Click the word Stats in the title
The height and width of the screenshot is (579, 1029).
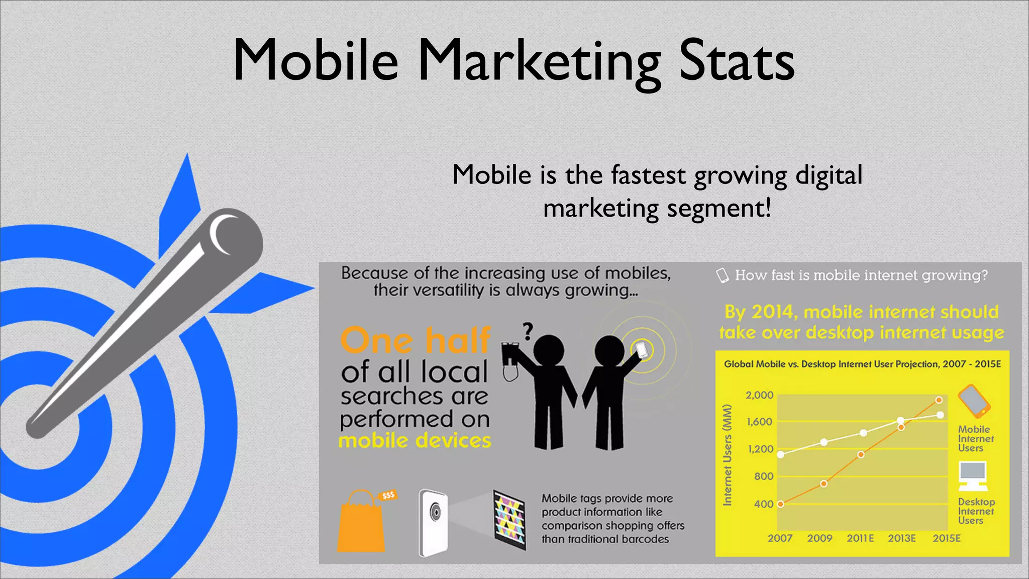pyautogui.click(x=737, y=61)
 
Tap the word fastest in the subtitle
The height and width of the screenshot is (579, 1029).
pyautogui.click(x=648, y=175)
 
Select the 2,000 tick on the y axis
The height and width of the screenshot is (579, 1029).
pyautogui.click(x=759, y=395)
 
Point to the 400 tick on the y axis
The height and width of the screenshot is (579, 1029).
pyautogui.click(x=763, y=504)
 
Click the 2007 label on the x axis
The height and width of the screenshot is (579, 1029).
pyautogui.click(x=780, y=538)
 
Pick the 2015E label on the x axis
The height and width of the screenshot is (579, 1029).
pyautogui.click(x=947, y=538)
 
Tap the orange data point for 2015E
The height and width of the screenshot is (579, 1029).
pyautogui.click(x=939, y=400)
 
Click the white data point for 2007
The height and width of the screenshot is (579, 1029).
pyautogui.click(x=780, y=454)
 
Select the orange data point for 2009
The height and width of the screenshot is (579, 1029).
pyautogui.click(x=824, y=484)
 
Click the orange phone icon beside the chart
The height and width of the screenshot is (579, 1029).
pyautogui.click(x=974, y=401)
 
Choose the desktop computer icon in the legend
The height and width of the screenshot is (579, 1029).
pyautogui.click(x=973, y=476)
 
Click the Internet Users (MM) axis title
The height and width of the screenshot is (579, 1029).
pyautogui.click(x=727, y=454)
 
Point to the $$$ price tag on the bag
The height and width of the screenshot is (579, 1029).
pyautogui.click(x=388, y=496)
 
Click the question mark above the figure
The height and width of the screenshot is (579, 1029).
pyautogui.click(x=528, y=331)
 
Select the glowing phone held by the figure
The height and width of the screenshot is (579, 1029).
pyautogui.click(x=642, y=350)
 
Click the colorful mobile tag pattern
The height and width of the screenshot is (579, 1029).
pyautogui.click(x=509, y=519)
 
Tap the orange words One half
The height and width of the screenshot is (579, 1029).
pyautogui.click(x=415, y=340)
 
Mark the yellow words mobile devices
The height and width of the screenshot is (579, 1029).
pyautogui.click(x=415, y=441)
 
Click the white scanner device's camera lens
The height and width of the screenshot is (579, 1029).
pyautogui.click(x=435, y=513)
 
